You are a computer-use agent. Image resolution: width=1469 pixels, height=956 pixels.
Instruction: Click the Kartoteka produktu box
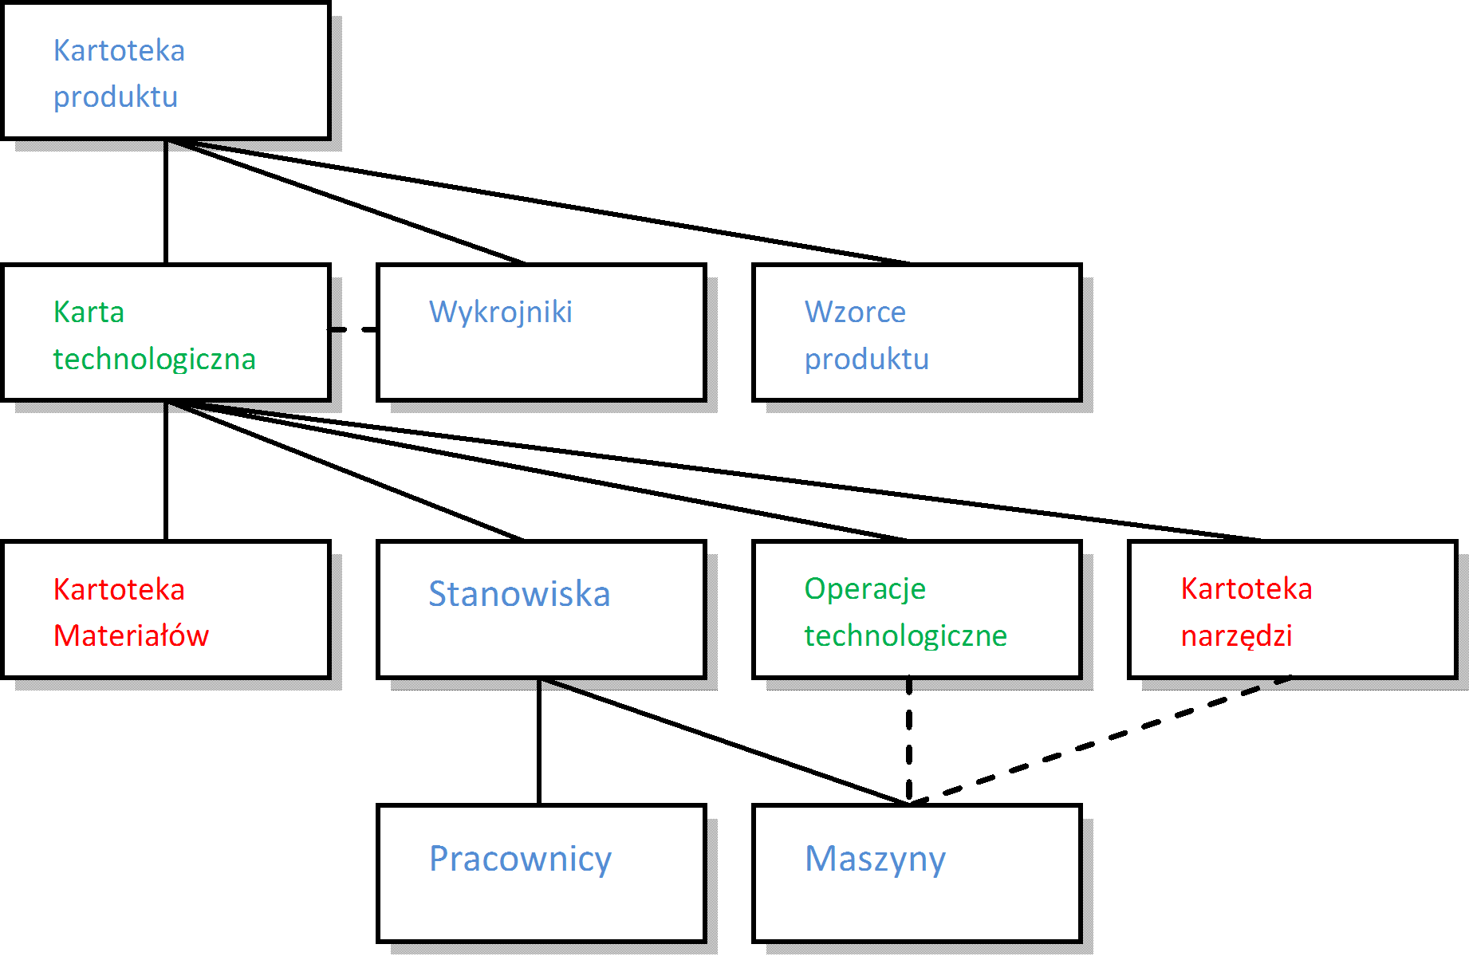pos(166,72)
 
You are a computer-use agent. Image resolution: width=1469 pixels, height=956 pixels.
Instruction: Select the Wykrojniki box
pos(542,332)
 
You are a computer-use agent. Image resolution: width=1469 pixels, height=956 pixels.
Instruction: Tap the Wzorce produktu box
pos(917,332)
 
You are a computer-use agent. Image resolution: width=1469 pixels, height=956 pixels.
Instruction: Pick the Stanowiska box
pos(542,610)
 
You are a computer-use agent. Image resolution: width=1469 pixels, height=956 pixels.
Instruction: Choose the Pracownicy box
pos(542,874)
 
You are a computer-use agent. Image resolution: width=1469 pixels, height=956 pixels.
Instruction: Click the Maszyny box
pos(917,874)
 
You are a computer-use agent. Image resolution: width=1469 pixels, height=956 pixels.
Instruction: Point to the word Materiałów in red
pos(131,636)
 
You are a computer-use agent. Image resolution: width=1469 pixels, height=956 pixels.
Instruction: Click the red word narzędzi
pos(1236,636)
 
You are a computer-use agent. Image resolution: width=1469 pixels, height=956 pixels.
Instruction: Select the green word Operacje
pos(864,589)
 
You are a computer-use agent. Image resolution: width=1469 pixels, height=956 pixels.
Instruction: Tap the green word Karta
pos(89,313)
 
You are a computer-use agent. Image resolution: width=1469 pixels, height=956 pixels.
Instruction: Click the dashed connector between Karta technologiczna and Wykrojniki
pos(353,329)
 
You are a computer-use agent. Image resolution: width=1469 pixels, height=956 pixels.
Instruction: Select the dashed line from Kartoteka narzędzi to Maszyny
pos(1101,741)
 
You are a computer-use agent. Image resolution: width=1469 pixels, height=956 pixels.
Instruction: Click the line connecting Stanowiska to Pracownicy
pos(539,742)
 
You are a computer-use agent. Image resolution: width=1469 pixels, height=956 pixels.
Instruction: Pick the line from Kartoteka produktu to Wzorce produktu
pos(542,202)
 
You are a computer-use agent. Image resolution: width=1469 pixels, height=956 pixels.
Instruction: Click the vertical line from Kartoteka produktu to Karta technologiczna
pos(166,202)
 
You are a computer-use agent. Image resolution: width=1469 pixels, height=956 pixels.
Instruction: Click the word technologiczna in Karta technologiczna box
pos(154,360)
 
